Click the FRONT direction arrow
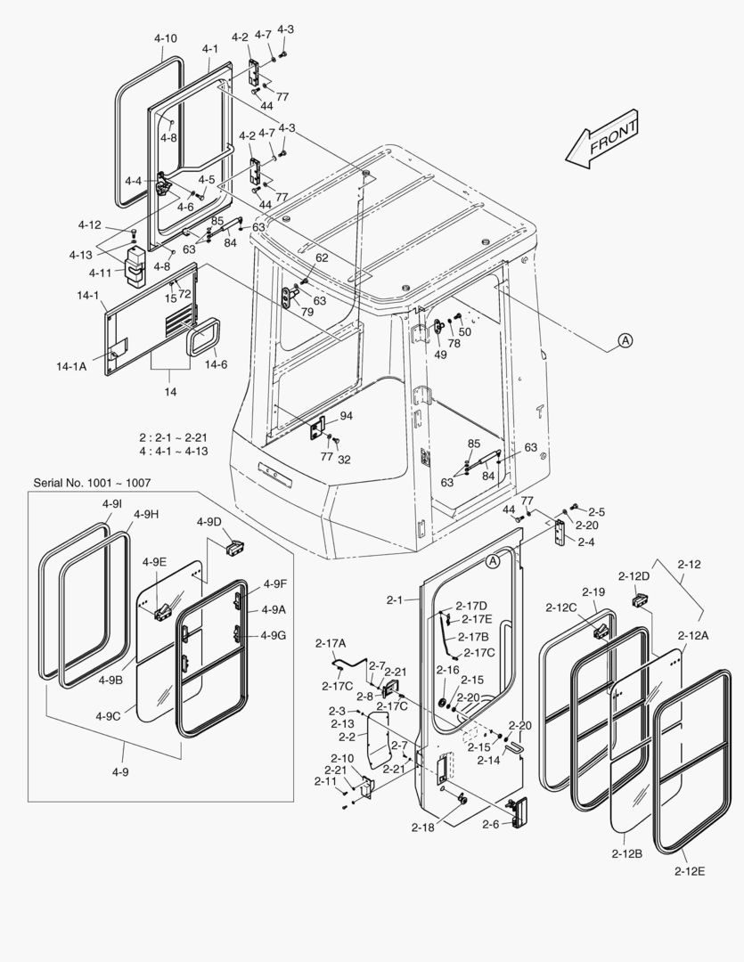602,140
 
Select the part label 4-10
165,38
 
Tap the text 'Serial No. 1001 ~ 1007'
92,482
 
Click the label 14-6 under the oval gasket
216,364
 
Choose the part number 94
346,416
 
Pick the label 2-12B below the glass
627,852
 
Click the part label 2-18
423,827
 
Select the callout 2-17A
331,643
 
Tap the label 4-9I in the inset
111,504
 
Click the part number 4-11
100,273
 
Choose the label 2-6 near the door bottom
490,825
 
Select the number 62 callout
322,257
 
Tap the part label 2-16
447,670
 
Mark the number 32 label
344,460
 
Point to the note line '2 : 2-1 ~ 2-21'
173,438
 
